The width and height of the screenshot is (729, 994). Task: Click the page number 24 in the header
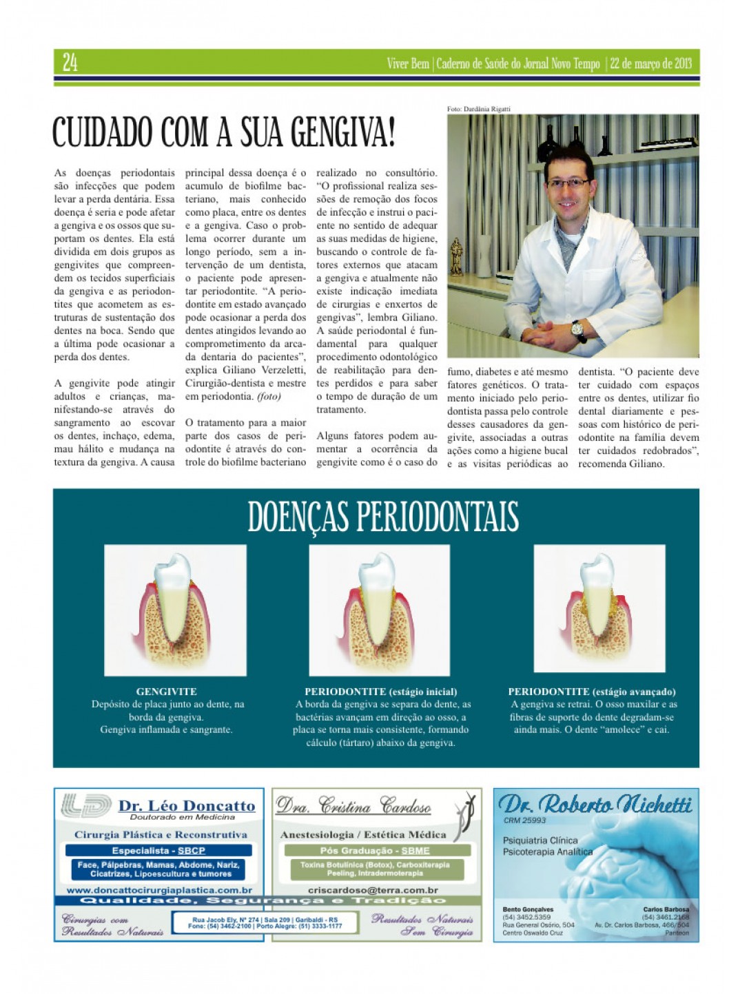(x=70, y=63)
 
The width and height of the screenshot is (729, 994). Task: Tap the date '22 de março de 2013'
(x=650, y=64)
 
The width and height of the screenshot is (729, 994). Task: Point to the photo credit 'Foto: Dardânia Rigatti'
(x=478, y=109)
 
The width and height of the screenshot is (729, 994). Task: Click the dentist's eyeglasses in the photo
(x=568, y=183)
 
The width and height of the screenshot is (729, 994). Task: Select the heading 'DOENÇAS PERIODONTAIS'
(x=382, y=517)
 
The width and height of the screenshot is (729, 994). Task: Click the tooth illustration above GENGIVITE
(x=175, y=610)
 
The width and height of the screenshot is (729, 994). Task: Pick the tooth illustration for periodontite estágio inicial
(x=379, y=610)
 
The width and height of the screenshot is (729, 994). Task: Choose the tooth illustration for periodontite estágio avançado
(x=599, y=608)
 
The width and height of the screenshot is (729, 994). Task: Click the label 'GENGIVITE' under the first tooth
(x=166, y=692)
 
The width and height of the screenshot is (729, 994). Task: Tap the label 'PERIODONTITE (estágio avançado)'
(x=591, y=692)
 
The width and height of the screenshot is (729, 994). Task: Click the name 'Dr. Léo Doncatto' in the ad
(x=186, y=805)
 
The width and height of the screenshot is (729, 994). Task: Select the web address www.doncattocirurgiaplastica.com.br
(x=159, y=890)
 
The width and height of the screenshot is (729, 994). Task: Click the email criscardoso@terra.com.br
(x=373, y=890)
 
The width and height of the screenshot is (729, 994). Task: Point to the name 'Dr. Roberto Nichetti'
(x=595, y=804)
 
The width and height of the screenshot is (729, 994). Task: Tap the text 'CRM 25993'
(x=524, y=820)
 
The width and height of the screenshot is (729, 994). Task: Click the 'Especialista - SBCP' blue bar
(x=158, y=851)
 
